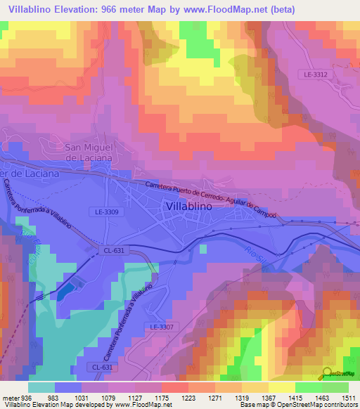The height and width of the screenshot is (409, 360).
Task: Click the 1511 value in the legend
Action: pyautogui.click(x=349, y=396)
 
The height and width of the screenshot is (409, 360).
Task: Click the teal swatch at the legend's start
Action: pyautogui.click(x=41, y=387)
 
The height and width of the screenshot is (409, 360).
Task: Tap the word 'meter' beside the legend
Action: pyautogui.click(x=8, y=396)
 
